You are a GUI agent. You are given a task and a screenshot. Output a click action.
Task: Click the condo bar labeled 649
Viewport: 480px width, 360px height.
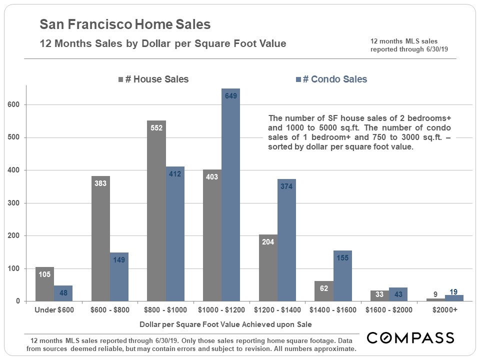(230, 195)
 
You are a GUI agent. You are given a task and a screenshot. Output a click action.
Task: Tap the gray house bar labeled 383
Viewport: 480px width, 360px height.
(100, 238)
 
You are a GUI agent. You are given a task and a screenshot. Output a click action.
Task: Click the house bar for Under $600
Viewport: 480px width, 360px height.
(44, 284)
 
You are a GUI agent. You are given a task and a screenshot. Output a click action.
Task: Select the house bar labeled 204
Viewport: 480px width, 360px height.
(268, 267)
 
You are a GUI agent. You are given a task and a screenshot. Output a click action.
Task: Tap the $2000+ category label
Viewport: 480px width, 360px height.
(444, 310)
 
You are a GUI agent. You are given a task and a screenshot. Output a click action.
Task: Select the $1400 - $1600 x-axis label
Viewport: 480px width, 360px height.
(333, 310)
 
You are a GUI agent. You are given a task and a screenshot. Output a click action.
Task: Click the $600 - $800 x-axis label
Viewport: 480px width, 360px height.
(109, 310)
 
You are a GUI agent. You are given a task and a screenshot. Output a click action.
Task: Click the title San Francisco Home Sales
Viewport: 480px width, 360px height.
(125, 24)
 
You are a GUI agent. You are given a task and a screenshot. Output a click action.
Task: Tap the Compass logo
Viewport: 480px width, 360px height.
(410, 337)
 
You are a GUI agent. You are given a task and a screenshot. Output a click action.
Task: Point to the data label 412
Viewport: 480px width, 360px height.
(175, 173)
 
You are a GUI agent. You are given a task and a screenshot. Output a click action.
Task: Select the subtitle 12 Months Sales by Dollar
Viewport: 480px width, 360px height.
(163, 43)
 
